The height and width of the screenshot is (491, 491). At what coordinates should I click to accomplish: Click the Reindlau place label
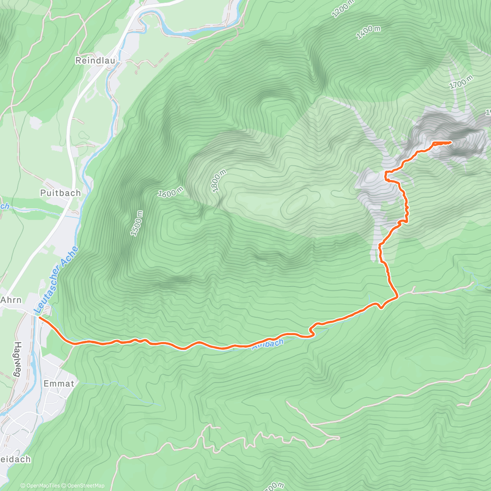(x=95, y=61)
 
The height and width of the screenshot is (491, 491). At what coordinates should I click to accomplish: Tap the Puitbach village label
(x=61, y=193)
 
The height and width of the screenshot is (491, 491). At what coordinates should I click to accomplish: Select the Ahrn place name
(x=11, y=300)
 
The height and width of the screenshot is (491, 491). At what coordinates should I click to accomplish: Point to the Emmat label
(x=59, y=384)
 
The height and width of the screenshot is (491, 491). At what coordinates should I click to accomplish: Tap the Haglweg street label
(x=17, y=359)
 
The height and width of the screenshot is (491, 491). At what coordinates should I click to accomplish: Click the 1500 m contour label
(x=137, y=223)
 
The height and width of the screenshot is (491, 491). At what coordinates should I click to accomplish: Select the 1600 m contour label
(x=171, y=192)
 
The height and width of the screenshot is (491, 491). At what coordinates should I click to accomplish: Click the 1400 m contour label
(x=368, y=32)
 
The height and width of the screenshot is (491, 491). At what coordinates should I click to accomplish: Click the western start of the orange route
(x=39, y=316)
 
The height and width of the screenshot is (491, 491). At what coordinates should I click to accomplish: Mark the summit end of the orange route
(x=450, y=142)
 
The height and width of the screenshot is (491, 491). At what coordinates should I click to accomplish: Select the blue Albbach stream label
(x=268, y=344)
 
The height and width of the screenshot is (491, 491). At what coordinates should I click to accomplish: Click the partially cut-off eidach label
(x=16, y=459)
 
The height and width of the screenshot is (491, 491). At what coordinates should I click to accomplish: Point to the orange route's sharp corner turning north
(x=397, y=295)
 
